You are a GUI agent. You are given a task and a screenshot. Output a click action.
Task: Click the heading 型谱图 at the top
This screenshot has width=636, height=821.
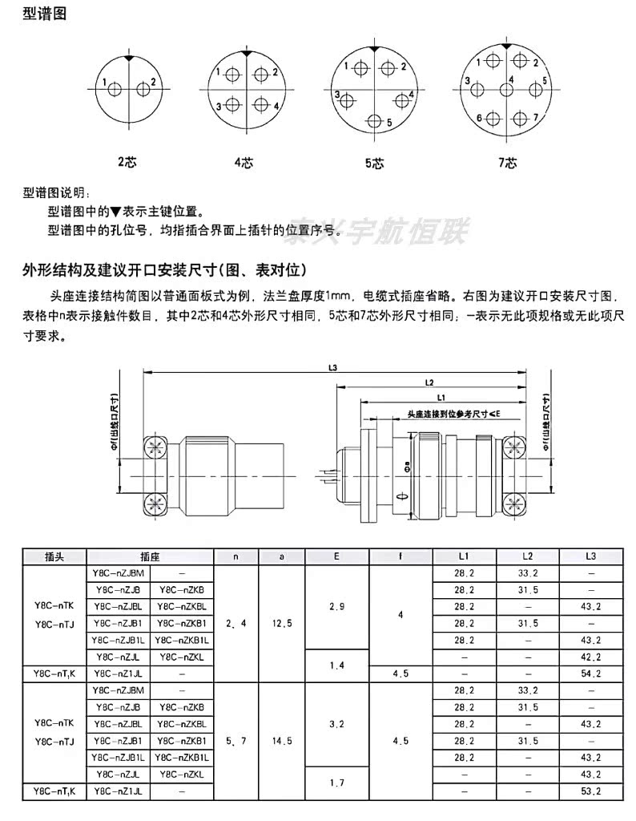pos(44,14)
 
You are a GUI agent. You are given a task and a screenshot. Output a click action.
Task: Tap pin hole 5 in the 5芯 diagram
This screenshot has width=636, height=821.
pos(375,122)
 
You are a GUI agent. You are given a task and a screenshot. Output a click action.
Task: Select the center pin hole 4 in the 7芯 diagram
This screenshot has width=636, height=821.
pos(506,89)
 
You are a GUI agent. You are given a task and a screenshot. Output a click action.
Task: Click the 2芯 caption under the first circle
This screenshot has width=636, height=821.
pos(127,162)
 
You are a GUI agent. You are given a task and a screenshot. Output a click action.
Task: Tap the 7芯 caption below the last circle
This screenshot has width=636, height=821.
pos(507,163)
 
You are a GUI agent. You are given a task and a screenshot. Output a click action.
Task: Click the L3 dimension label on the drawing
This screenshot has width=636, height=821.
pos(333,368)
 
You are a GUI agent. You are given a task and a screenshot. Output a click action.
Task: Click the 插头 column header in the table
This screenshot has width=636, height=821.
pos(54,556)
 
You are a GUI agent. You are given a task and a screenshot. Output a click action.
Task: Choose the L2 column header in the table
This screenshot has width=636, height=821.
pos(528,556)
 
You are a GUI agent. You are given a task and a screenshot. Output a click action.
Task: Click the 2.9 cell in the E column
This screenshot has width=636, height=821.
pos(337,606)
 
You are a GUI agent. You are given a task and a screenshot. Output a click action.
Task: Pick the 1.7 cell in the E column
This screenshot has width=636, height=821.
pos(337,783)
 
